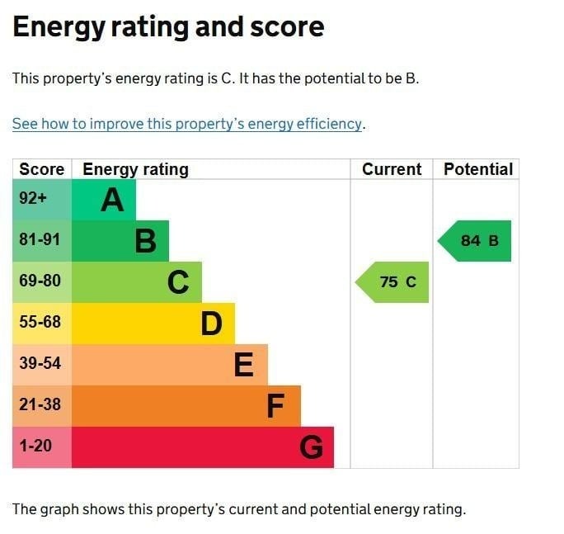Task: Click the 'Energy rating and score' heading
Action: [168, 27]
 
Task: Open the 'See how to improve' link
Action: [187, 124]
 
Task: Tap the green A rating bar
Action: [105, 200]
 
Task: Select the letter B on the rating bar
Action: [145, 241]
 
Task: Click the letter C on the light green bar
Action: [178, 282]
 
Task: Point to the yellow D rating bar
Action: [153, 324]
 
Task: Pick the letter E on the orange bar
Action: [244, 365]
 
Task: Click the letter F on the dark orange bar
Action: [275, 406]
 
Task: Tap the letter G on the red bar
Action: [311, 447]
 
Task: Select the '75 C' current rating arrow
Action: [394, 282]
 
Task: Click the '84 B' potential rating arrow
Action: [477, 241]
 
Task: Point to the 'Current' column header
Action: [392, 169]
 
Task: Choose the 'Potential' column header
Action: [478, 169]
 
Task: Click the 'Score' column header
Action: [42, 169]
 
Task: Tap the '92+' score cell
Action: [33, 200]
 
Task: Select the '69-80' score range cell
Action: [40, 281]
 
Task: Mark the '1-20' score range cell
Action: [35, 447]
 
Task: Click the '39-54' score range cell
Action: [40, 364]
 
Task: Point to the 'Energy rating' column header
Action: [136, 169]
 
